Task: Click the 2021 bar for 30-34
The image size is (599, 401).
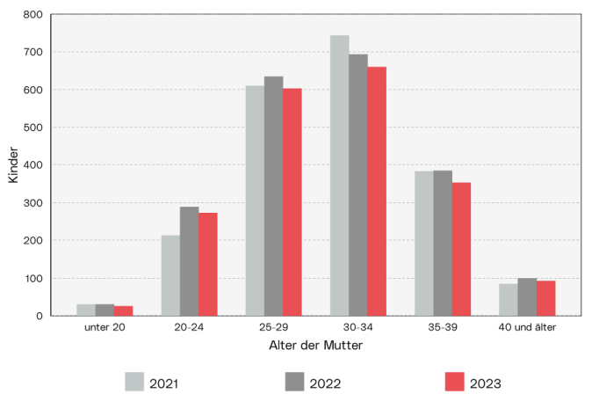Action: click(x=339, y=176)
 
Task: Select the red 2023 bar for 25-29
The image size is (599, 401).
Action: click(x=292, y=202)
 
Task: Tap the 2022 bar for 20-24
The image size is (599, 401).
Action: click(x=189, y=261)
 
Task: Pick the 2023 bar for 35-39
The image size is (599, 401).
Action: click(x=461, y=249)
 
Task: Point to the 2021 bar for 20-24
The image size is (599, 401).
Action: click(x=170, y=275)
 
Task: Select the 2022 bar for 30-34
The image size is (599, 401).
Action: click(x=357, y=185)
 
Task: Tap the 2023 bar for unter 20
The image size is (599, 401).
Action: click(x=123, y=310)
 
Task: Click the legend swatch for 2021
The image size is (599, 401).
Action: click(x=134, y=382)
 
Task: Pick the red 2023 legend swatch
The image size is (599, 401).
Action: click(x=453, y=382)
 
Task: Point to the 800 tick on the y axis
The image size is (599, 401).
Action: click(x=32, y=14)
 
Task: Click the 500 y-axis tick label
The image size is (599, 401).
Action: click(x=32, y=128)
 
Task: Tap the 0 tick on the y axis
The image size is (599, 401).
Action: click(x=39, y=316)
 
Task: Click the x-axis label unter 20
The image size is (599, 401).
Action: click(x=105, y=328)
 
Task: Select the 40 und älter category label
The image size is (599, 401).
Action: click(x=527, y=328)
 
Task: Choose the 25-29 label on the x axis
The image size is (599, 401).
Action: click(x=273, y=328)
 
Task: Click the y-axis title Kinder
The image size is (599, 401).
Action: click(x=13, y=164)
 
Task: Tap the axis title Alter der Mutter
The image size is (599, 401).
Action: click(x=315, y=346)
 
